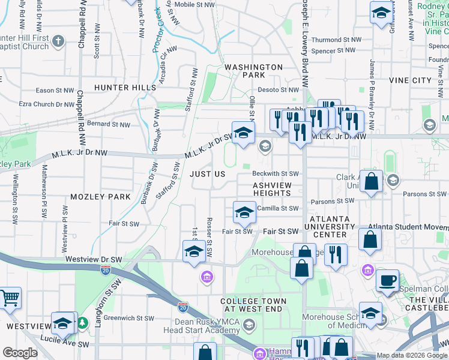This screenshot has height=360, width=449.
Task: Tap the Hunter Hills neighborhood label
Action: coord(125,88)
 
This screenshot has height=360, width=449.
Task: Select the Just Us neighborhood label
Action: coord(207,174)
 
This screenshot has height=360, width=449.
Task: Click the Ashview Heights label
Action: coord(271,189)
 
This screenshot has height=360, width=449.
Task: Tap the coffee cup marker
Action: coord(387,280)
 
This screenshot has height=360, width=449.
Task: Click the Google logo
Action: coord(19,353)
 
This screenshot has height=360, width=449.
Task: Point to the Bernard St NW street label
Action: coord(108,125)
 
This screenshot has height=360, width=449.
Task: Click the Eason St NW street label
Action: coord(55,91)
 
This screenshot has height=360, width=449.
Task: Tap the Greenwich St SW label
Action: coord(131,319)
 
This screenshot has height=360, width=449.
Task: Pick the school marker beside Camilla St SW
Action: coord(244,212)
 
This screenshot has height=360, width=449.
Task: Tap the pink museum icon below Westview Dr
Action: coord(206,277)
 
